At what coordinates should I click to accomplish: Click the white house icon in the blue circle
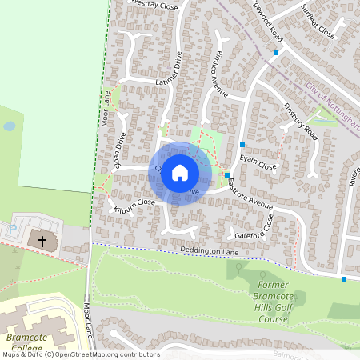click(x=180, y=173)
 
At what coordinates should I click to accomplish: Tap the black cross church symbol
click(x=42, y=239)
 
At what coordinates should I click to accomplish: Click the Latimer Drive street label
click(x=171, y=69)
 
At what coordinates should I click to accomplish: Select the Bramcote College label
click(x=24, y=342)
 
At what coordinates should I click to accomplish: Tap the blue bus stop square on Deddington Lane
click(x=344, y=279)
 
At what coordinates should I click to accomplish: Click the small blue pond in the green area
click(x=9, y=126)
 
